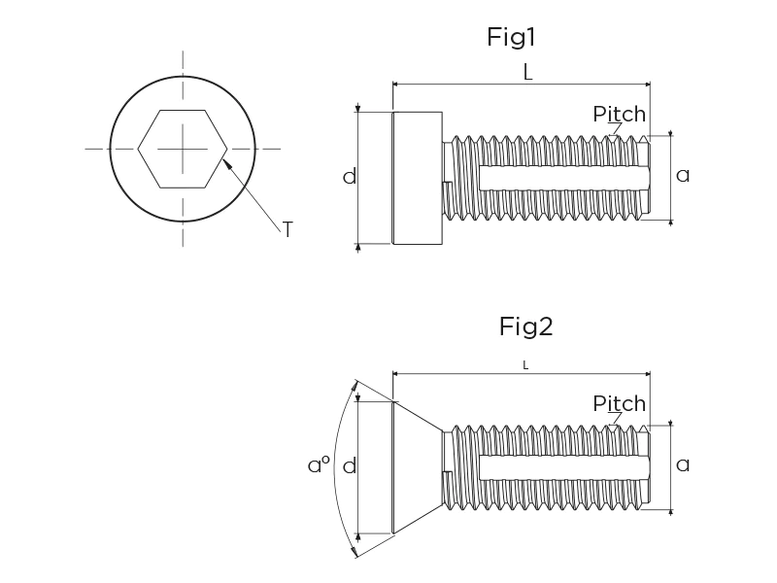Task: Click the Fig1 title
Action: [x=511, y=38]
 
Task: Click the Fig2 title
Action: [x=525, y=326]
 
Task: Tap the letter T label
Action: [x=287, y=229]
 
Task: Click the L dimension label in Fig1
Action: [x=527, y=71]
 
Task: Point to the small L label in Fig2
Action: [x=525, y=364]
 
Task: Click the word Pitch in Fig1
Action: [x=619, y=114]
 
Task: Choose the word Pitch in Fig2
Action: [x=619, y=403]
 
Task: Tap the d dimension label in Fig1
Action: [x=350, y=177]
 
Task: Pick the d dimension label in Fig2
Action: [x=350, y=466]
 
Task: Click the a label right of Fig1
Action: [x=683, y=176]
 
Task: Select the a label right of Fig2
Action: [x=683, y=464]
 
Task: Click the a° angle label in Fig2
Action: [x=319, y=465]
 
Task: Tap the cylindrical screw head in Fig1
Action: [x=417, y=178]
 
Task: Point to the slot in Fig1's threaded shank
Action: [x=563, y=178]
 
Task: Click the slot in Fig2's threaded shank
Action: [x=563, y=467]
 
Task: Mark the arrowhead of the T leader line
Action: [x=225, y=162]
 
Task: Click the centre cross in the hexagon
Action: [x=182, y=148]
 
